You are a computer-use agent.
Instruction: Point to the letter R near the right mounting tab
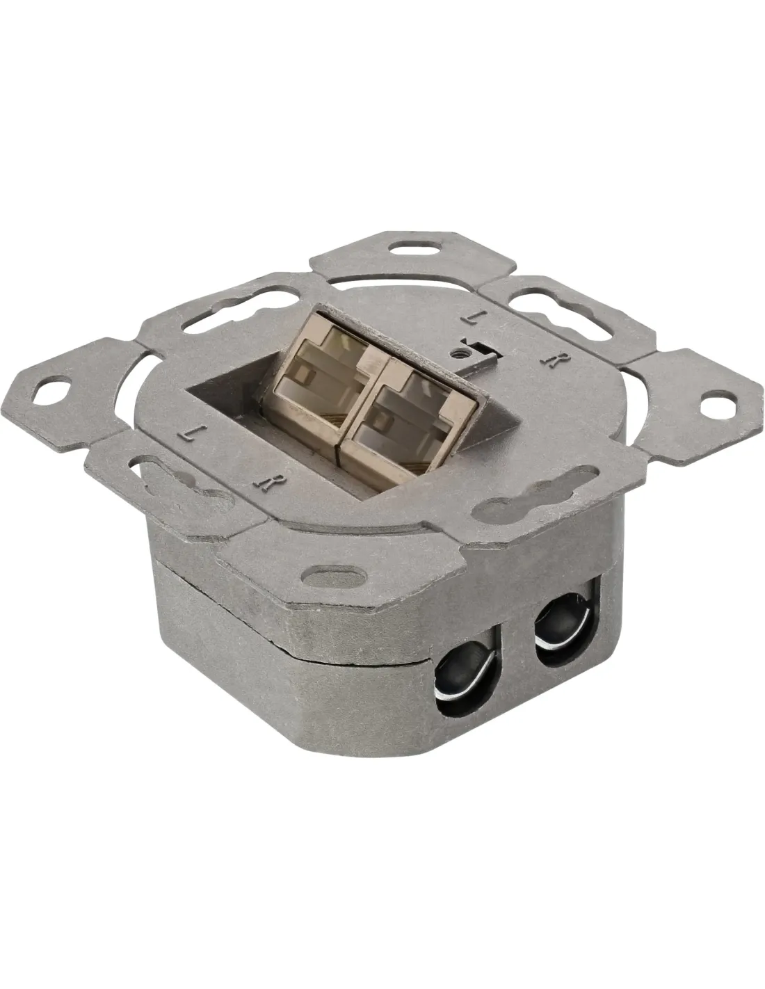click(550, 359)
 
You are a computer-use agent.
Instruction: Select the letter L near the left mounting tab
click(186, 433)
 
